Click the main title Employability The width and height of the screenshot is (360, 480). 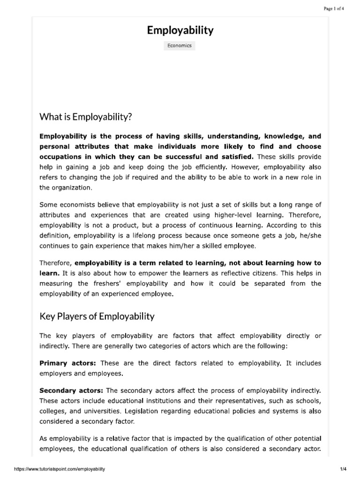pyautogui.click(x=180, y=31)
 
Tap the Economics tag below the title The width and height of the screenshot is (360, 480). pyautogui.click(x=180, y=46)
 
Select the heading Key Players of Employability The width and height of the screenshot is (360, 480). pyautogui.click(x=97, y=316)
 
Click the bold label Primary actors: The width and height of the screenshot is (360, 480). pyautogui.click(x=68, y=363)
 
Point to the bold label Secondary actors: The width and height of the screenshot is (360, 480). pyautogui.click(x=72, y=390)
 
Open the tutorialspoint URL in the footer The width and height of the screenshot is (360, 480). pyautogui.click(x=60, y=469)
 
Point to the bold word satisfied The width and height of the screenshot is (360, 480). pyautogui.click(x=237, y=157)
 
